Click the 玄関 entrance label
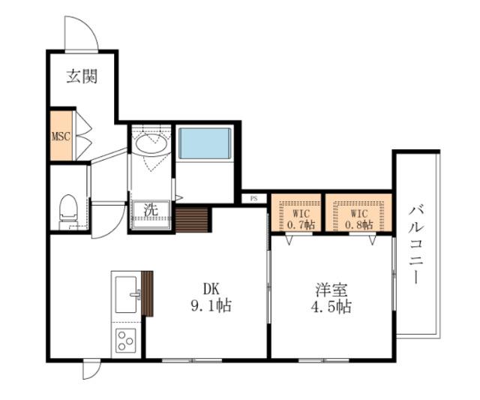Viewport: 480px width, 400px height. click(x=82, y=76)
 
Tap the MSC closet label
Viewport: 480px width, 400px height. click(x=61, y=137)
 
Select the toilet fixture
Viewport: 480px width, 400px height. click(x=68, y=209)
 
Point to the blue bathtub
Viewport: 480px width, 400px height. click(x=204, y=143)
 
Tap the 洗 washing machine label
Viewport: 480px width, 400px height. click(x=151, y=210)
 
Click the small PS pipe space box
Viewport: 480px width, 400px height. click(x=253, y=199)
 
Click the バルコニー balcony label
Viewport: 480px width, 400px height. click(x=415, y=244)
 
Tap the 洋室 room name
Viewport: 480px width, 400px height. click(x=331, y=290)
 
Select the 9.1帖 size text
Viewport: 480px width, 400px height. click(x=210, y=305)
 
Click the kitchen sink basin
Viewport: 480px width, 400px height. click(x=125, y=289)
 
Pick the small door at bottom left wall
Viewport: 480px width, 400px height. click(x=91, y=370)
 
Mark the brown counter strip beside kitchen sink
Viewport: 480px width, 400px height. click(x=147, y=293)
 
